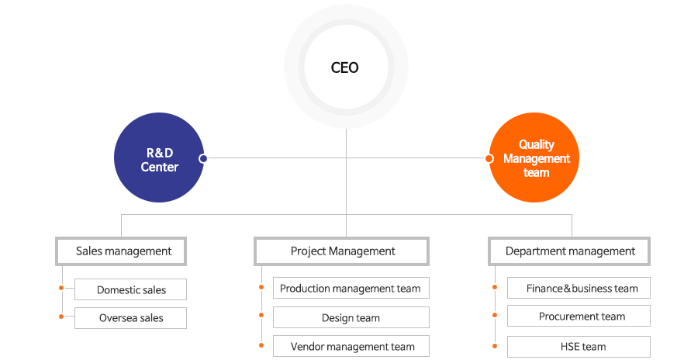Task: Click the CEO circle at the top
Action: tap(346, 67)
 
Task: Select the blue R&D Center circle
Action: tap(159, 157)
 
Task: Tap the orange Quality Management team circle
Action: tap(534, 157)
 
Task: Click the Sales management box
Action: tap(121, 251)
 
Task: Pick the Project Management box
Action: tap(341, 251)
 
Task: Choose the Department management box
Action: tap(569, 251)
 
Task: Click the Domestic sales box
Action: tap(130, 289)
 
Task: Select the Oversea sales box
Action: tap(130, 318)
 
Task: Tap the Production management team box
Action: tap(351, 288)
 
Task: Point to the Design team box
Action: tap(351, 317)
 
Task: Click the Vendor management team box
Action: tap(351, 346)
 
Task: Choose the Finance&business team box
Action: tap(579, 288)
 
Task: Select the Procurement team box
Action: tap(579, 316)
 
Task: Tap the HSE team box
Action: tap(579, 347)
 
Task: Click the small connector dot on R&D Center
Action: tap(203, 158)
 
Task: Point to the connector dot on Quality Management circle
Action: tap(489, 158)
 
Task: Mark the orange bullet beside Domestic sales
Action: tap(61, 288)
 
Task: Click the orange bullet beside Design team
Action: tap(261, 315)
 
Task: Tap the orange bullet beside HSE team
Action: tap(495, 346)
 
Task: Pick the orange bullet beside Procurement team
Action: tap(495, 315)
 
